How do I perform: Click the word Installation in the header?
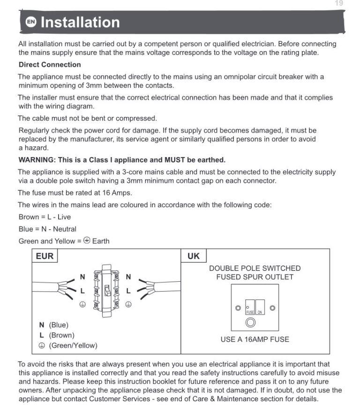pyautogui.click(x=80, y=22)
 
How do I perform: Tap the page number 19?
pyautogui.click(x=339, y=3)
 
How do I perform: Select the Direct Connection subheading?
pyautogui.click(x=50, y=65)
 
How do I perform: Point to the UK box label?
pyautogui.click(x=194, y=256)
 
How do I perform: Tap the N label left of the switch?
pyautogui.click(x=82, y=277)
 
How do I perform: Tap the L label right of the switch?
pyautogui.click(x=128, y=291)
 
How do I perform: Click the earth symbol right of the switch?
pyautogui.click(x=128, y=304)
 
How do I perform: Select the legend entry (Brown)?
pyautogui.click(x=61, y=336)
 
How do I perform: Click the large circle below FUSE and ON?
pyautogui.click(x=251, y=322)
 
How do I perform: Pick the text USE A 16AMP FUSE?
pyautogui.click(x=255, y=339)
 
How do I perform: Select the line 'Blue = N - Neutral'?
pyautogui.click(x=47, y=229)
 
